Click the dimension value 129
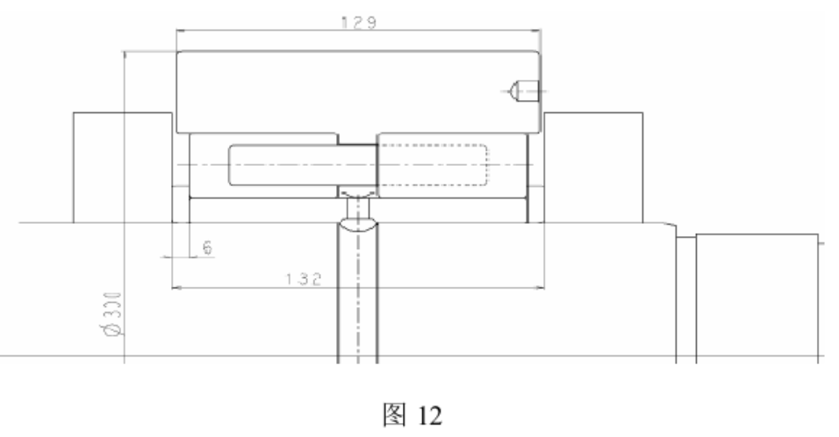tap(359, 23)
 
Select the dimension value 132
tap(303, 278)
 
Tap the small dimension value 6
tap(208, 248)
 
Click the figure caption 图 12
tap(419, 412)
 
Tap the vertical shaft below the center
tap(357, 298)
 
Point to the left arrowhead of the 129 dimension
tap(180, 32)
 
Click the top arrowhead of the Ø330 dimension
tap(125, 54)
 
